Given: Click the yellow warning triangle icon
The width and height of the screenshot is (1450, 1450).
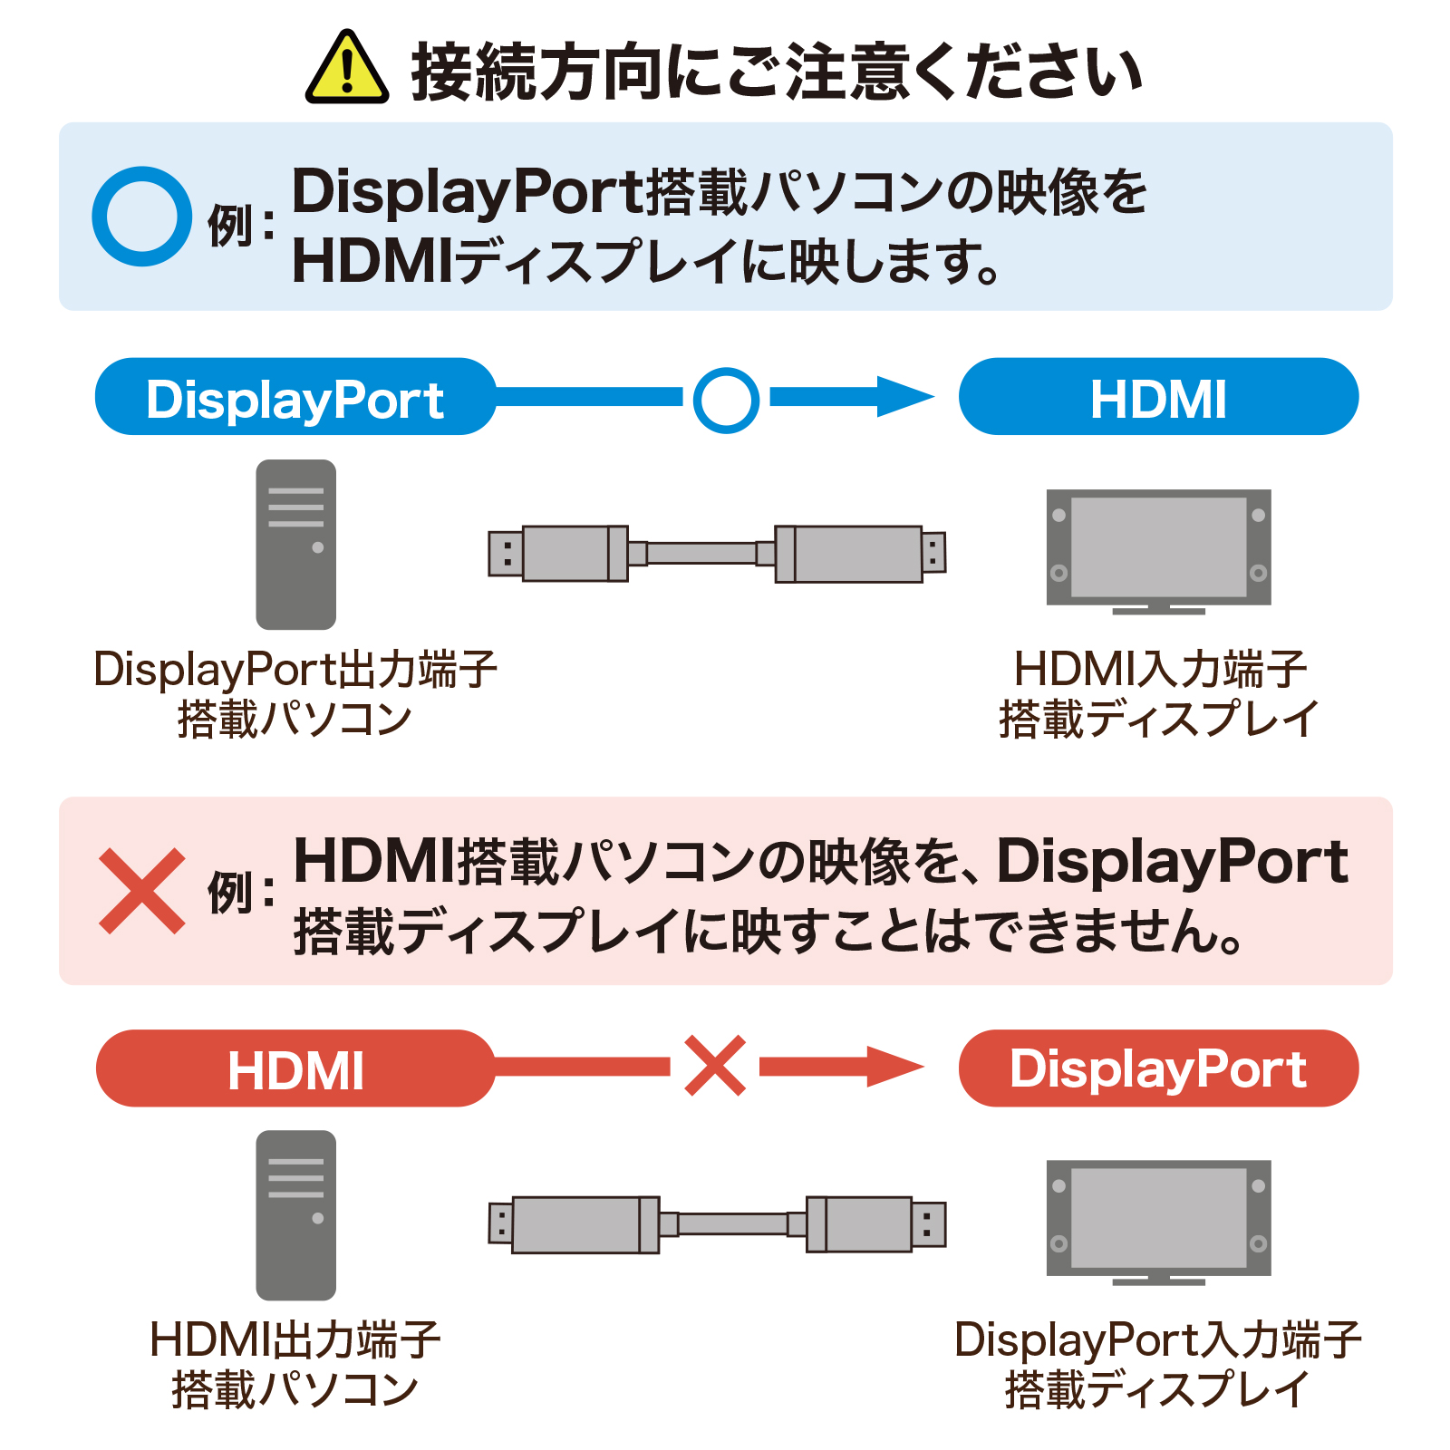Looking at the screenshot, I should [x=347, y=71].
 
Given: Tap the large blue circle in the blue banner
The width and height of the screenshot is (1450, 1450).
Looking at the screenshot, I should [x=142, y=217].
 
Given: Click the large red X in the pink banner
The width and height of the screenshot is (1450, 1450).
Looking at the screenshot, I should [x=142, y=891].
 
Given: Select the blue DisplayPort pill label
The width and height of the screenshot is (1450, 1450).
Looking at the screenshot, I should [x=295, y=397].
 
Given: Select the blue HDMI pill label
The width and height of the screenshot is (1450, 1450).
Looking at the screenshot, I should [x=1158, y=397].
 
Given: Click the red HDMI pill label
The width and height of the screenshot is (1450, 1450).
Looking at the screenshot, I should [x=295, y=1068].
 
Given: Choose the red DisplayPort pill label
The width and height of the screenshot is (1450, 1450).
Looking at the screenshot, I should [x=1158, y=1068].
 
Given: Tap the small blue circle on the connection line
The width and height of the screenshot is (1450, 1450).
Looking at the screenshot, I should [x=726, y=399].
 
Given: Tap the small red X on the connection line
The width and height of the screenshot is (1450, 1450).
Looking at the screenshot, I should [x=715, y=1066].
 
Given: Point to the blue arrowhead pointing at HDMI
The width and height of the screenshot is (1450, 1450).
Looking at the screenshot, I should [x=906, y=397].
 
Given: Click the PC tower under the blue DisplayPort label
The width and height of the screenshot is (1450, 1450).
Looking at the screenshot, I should [x=296, y=545].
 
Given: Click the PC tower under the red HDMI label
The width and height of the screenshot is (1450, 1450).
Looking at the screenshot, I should [x=296, y=1215].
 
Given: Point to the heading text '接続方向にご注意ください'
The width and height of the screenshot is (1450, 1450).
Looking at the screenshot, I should [x=777, y=72].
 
